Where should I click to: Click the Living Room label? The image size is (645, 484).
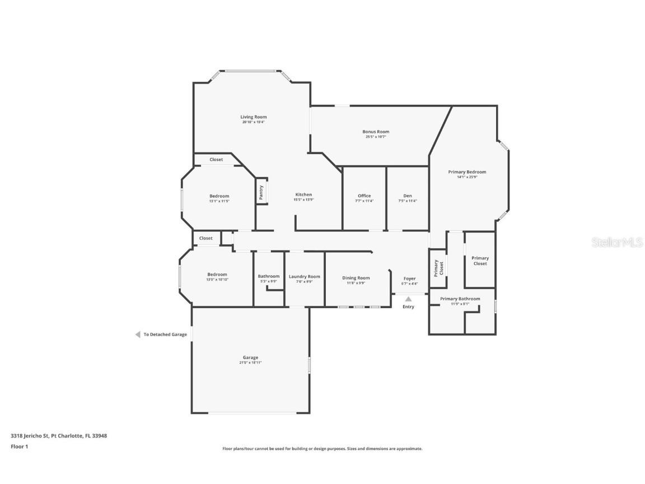tap(253, 117)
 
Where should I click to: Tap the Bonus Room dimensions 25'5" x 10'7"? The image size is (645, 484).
tap(376, 137)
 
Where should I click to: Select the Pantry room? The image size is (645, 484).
tap(261, 192)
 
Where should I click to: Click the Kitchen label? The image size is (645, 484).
tap(303, 194)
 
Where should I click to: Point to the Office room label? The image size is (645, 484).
tap(364, 196)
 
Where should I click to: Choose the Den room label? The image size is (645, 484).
tap(408, 196)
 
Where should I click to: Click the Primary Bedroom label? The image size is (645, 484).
tap(467, 172)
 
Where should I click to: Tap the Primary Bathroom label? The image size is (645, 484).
tap(460, 299)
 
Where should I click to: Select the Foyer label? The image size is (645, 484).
tap(410, 278)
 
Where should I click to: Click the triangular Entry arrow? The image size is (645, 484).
tap(409, 299)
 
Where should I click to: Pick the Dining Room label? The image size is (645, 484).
tap(356, 278)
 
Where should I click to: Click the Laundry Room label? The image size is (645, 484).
tap(305, 276)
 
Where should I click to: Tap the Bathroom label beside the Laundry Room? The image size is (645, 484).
tap(269, 276)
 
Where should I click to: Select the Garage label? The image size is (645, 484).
tap(250, 357)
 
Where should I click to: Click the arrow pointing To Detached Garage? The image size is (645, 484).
tap(137, 334)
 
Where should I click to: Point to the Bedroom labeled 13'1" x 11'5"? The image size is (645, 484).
tap(219, 196)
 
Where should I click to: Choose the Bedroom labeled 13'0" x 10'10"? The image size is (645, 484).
tap(217, 274)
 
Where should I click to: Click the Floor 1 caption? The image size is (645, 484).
tap(19, 446)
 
